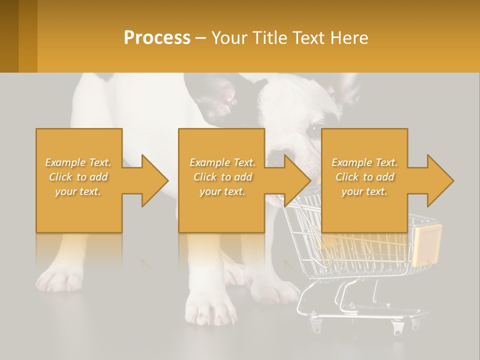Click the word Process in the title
coord(157,37)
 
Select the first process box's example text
coord(78,177)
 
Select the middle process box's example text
coord(222,177)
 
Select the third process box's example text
coord(364,177)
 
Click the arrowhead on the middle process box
coord(296,180)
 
